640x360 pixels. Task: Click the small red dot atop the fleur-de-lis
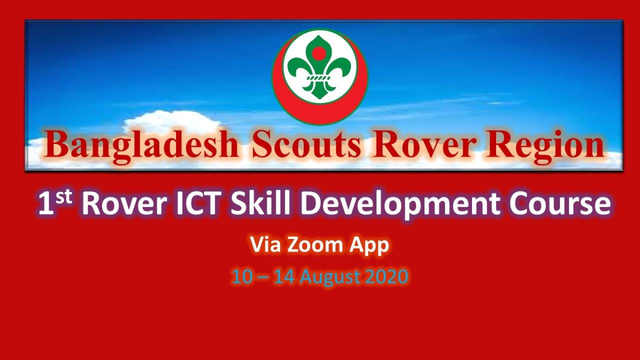(319, 52)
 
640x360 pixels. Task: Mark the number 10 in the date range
(242, 277)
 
